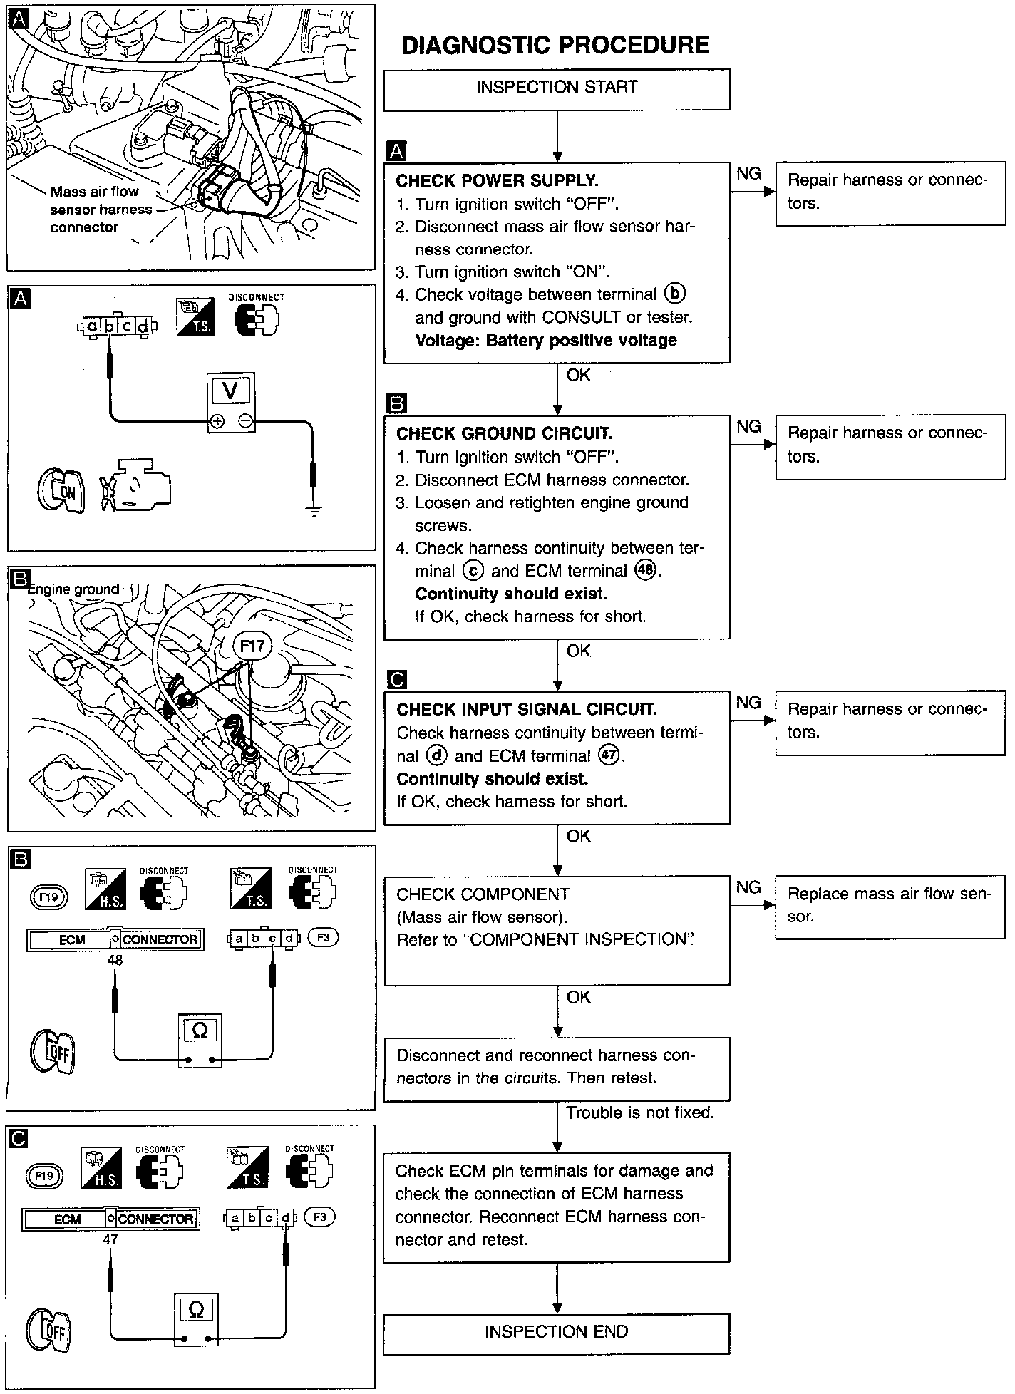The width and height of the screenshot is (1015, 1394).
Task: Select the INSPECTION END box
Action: tap(556, 1333)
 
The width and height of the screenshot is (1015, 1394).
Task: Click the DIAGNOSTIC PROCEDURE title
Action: tap(555, 46)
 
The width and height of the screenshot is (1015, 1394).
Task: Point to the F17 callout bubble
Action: tap(252, 646)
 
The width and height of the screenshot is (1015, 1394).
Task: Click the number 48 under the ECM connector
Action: tap(115, 960)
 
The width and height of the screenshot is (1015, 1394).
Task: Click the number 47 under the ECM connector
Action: tap(110, 1239)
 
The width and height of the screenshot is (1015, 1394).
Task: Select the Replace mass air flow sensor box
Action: tap(890, 907)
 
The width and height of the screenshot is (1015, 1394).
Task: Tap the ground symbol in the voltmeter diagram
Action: tap(313, 510)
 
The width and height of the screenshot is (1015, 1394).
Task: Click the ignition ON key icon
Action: tap(61, 490)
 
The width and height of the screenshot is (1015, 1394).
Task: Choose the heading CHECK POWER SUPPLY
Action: tap(497, 180)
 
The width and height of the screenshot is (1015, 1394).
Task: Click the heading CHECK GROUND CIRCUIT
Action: tap(504, 433)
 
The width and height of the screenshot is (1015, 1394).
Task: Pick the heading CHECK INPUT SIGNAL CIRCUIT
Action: tap(527, 709)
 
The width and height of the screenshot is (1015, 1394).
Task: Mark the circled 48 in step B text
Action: tap(646, 571)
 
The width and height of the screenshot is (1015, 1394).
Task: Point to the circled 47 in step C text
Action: tap(609, 756)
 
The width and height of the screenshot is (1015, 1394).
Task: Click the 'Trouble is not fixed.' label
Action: tap(639, 1112)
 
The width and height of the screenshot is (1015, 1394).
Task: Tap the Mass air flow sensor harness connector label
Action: tap(101, 210)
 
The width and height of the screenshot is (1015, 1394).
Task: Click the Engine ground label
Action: tap(73, 589)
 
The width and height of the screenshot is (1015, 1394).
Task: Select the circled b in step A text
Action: tap(674, 294)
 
